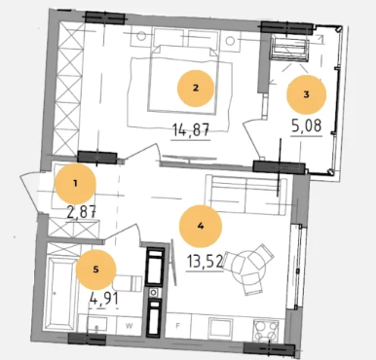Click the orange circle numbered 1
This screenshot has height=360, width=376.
click(75, 184)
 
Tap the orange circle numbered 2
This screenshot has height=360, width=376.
click(196, 89)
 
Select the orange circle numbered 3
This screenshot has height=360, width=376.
click(306, 94)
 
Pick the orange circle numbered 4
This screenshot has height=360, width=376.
click(201, 226)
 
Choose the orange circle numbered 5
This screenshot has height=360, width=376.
click(95, 270)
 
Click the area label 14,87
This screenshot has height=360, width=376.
click(191, 130)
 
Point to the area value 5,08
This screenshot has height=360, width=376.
click(307, 126)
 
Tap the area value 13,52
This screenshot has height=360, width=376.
click(205, 261)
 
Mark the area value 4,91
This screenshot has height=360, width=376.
click(103, 298)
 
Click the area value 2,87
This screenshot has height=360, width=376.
click(81, 212)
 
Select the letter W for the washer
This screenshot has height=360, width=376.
click(129, 326)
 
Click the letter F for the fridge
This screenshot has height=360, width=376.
click(178, 326)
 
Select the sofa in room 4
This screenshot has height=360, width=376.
click(246, 195)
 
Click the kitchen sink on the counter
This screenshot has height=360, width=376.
click(220, 328)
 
